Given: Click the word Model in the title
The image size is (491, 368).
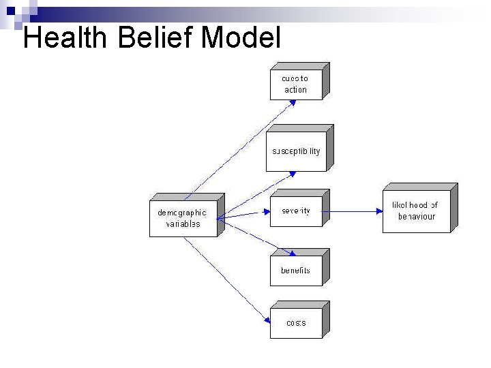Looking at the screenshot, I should click(241, 38).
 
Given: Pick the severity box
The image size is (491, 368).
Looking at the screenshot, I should click(296, 211).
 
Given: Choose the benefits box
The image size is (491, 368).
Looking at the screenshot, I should click(295, 271).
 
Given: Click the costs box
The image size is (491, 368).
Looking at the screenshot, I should click(296, 323).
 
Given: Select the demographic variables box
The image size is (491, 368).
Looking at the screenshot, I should click(182, 218).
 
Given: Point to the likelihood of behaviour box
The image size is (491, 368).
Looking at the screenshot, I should click(416, 211).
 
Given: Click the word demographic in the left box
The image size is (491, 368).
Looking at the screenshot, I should click(182, 213).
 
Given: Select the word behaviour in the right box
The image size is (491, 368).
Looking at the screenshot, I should click(416, 217).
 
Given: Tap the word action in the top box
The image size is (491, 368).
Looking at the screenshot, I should click(295, 90).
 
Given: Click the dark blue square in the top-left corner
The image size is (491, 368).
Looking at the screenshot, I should click(10, 10).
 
